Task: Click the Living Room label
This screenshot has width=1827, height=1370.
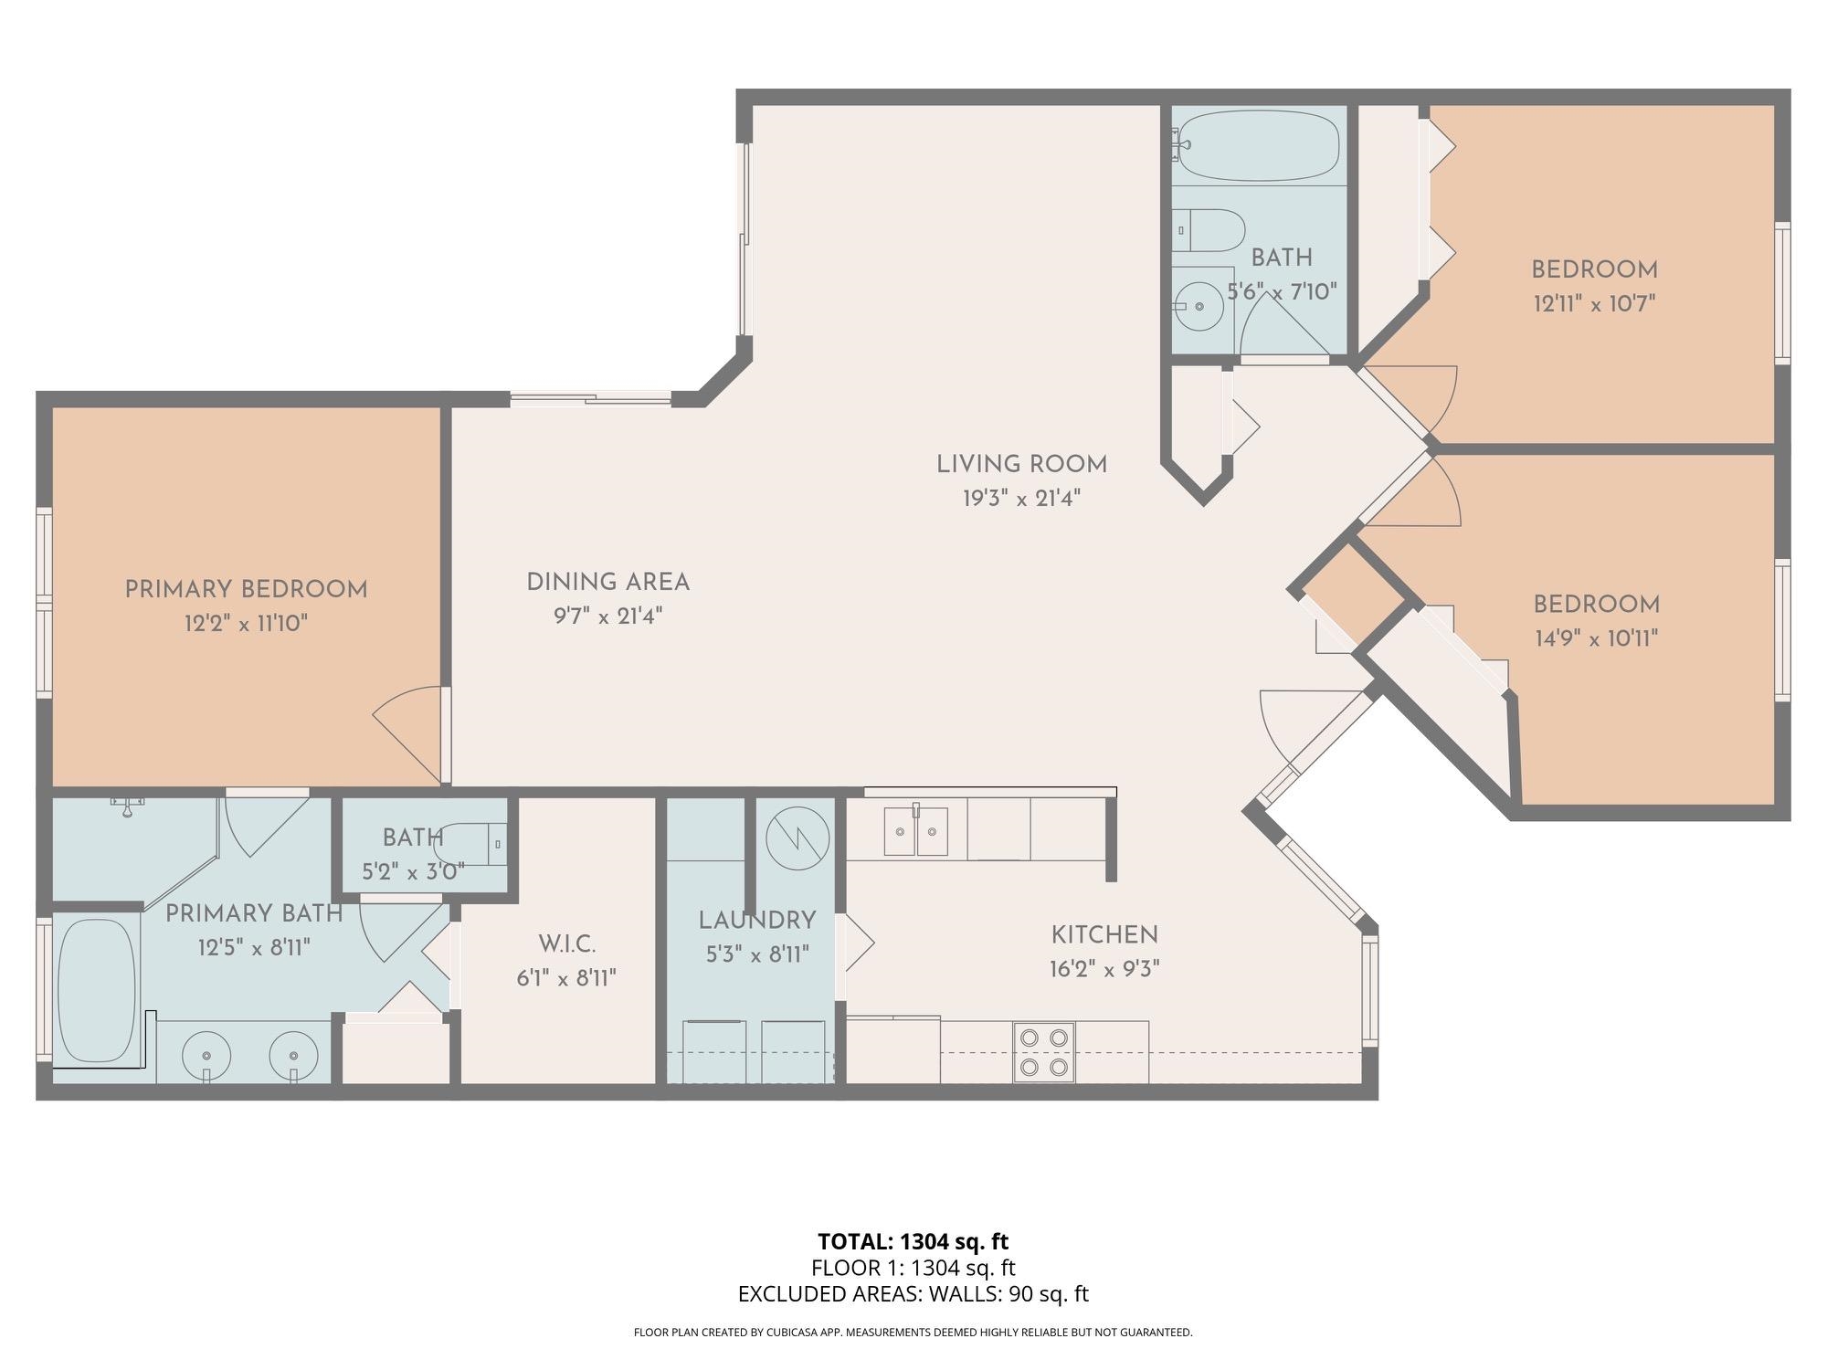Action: click(x=1021, y=464)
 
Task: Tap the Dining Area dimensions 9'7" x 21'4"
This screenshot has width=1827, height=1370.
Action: click(x=607, y=616)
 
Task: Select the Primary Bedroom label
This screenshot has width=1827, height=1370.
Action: click(x=246, y=590)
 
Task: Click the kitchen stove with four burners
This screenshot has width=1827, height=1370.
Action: click(x=1044, y=1051)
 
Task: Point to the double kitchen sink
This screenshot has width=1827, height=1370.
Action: click(x=915, y=830)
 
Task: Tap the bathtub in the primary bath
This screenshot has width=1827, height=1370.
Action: click(x=97, y=990)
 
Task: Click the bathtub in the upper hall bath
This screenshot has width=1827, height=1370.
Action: click(x=1259, y=146)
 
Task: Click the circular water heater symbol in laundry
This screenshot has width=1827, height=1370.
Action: click(x=797, y=838)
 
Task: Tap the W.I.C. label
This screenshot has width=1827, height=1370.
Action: click(x=566, y=943)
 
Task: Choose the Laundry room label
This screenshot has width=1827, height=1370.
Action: click(x=756, y=921)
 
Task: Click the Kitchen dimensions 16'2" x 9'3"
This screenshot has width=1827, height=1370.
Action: click(x=1104, y=969)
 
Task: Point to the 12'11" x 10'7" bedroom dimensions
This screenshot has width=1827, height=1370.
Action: click(x=1594, y=303)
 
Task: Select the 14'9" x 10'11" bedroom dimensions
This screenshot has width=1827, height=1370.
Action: click(x=1596, y=638)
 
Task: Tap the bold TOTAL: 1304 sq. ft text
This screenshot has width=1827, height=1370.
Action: click(x=913, y=1241)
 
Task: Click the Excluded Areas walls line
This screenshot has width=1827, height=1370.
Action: click(x=913, y=1293)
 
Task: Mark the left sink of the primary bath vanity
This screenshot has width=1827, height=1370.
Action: click(x=206, y=1058)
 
